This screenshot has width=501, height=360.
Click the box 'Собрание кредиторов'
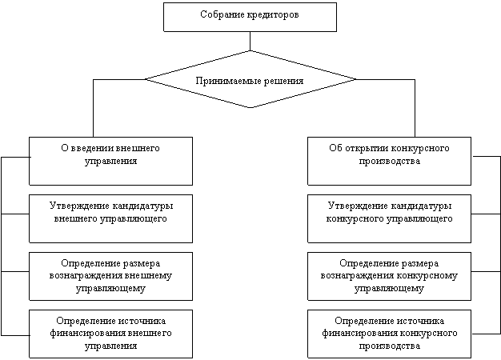point(249,17)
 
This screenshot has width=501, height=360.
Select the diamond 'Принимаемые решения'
point(250,80)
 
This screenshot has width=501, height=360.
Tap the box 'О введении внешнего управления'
point(110,161)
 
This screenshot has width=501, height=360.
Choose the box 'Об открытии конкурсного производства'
point(389,161)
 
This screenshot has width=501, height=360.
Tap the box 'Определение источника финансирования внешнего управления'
point(110,333)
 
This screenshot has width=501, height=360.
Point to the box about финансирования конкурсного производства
point(389,333)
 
